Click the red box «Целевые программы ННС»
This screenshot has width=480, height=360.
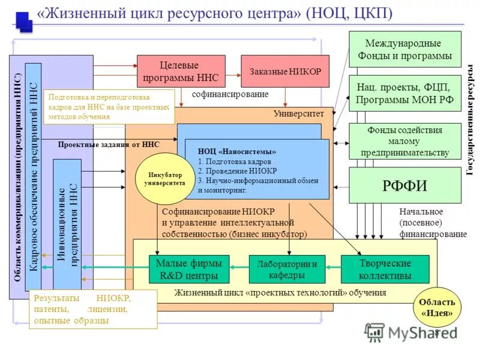tap(181, 71)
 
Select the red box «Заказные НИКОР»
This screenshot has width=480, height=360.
tap(286, 71)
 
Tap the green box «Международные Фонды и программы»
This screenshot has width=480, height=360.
tap(404, 49)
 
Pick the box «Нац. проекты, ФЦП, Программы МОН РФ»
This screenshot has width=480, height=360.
tap(404, 93)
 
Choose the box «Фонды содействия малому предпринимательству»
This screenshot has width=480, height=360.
tap(404, 141)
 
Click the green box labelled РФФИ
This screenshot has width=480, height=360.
tap(404, 185)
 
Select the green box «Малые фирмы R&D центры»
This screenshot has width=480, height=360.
tap(189, 269)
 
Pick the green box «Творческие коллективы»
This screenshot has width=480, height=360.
tap(385, 269)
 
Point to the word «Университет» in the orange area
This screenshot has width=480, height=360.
tap(298, 113)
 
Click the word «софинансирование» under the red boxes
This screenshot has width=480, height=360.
tap(230, 94)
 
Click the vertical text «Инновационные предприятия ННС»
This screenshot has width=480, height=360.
tap(67, 225)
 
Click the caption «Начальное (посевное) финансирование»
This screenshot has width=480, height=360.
tap(432, 223)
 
